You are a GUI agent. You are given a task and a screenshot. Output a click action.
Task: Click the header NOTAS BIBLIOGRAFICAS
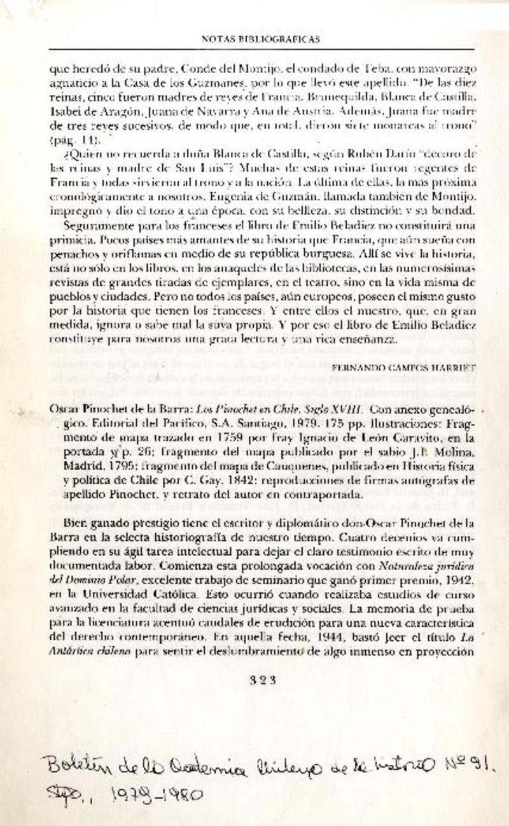[260, 39]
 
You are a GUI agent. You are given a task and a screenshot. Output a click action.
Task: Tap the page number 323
[261, 679]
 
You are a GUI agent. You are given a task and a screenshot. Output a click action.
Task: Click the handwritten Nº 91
[471, 762]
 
